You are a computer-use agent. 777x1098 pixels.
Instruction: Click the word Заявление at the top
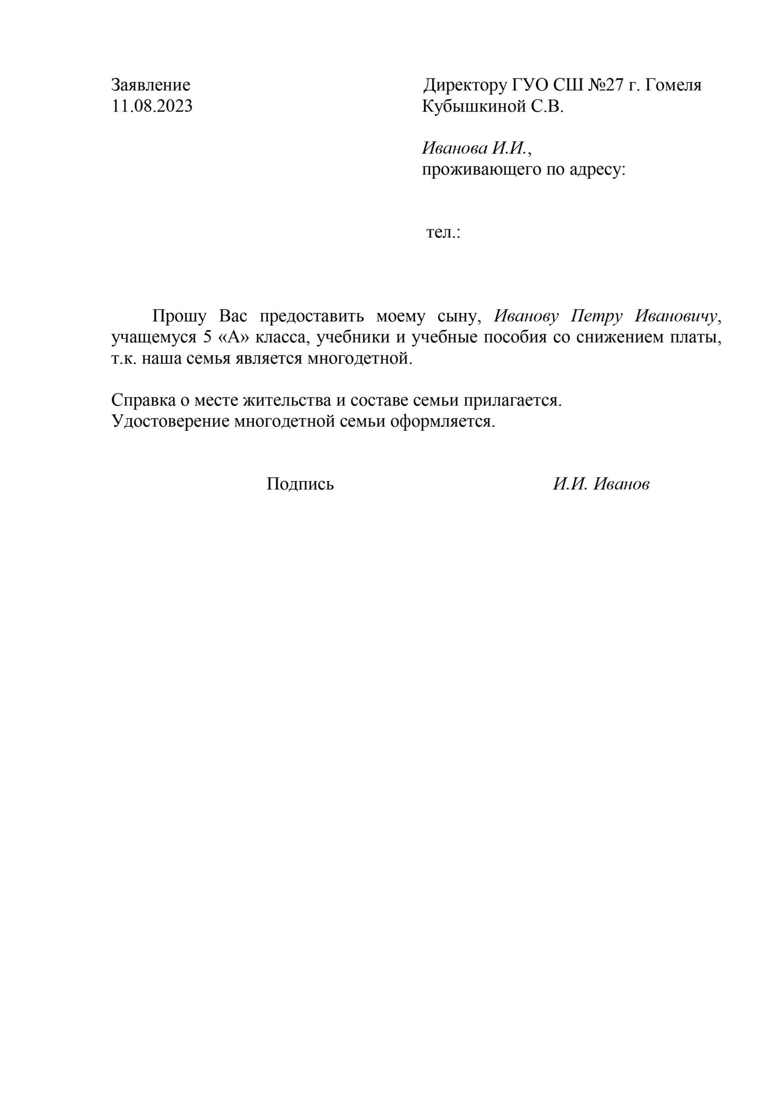(x=151, y=85)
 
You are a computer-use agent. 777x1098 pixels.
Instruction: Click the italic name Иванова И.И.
(x=475, y=148)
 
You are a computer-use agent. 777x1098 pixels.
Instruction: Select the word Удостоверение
(x=170, y=421)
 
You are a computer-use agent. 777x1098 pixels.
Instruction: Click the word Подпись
(x=300, y=484)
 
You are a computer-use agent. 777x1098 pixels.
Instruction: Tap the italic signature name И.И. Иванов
(x=602, y=484)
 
